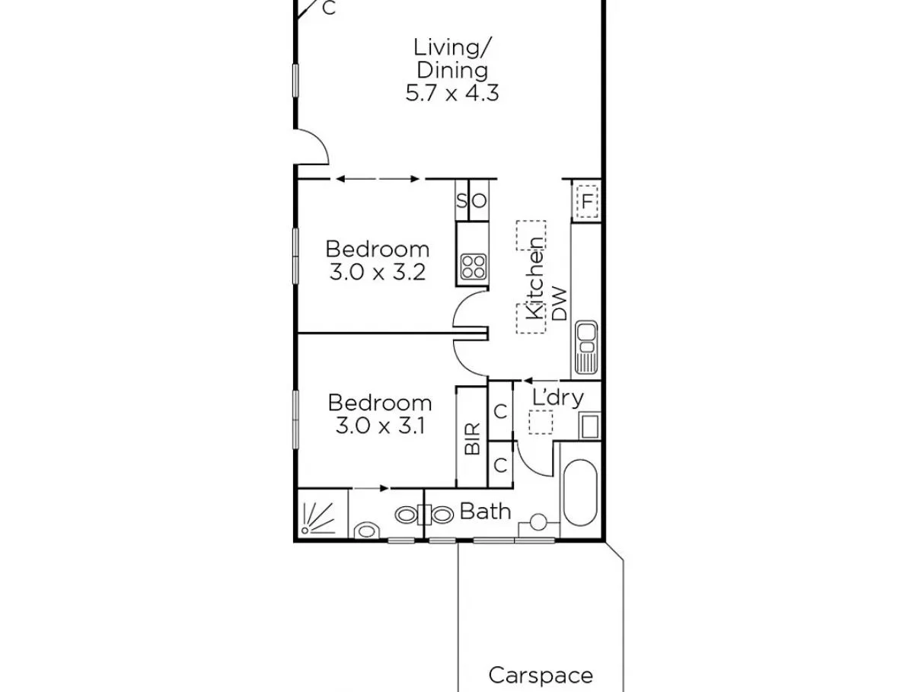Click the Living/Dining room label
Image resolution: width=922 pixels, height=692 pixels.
pyautogui.click(x=451, y=59)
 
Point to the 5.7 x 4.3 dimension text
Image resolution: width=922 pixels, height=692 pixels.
pyautogui.click(x=451, y=94)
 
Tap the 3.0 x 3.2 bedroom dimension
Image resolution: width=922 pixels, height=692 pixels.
pyautogui.click(x=377, y=273)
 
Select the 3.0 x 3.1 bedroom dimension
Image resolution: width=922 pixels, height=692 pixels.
pyautogui.click(x=379, y=426)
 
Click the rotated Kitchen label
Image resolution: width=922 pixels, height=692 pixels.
pyautogui.click(x=536, y=278)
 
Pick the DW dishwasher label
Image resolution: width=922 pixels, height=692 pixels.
pyautogui.click(x=560, y=303)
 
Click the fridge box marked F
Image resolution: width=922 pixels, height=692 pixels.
pyautogui.click(x=587, y=202)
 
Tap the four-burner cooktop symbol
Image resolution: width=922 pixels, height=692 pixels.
pyautogui.click(x=474, y=266)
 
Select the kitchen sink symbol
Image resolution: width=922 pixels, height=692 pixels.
pyautogui.click(x=585, y=348)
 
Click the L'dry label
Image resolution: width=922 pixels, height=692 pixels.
pyautogui.click(x=557, y=397)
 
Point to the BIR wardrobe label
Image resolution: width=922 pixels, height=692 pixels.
pyautogui.click(x=472, y=438)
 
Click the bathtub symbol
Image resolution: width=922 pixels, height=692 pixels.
pyautogui.click(x=579, y=492)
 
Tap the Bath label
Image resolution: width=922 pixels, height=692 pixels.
pyautogui.click(x=485, y=511)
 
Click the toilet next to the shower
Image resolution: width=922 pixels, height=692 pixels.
pyautogui.click(x=367, y=529)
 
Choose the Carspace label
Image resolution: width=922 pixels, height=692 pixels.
pyautogui.click(x=540, y=674)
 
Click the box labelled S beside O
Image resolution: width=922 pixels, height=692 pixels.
pyautogui.click(x=461, y=202)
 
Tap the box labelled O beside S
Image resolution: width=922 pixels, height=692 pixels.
pyautogui.click(x=479, y=202)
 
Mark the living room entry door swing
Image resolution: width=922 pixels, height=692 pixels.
pyautogui.click(x=312, y=148)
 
